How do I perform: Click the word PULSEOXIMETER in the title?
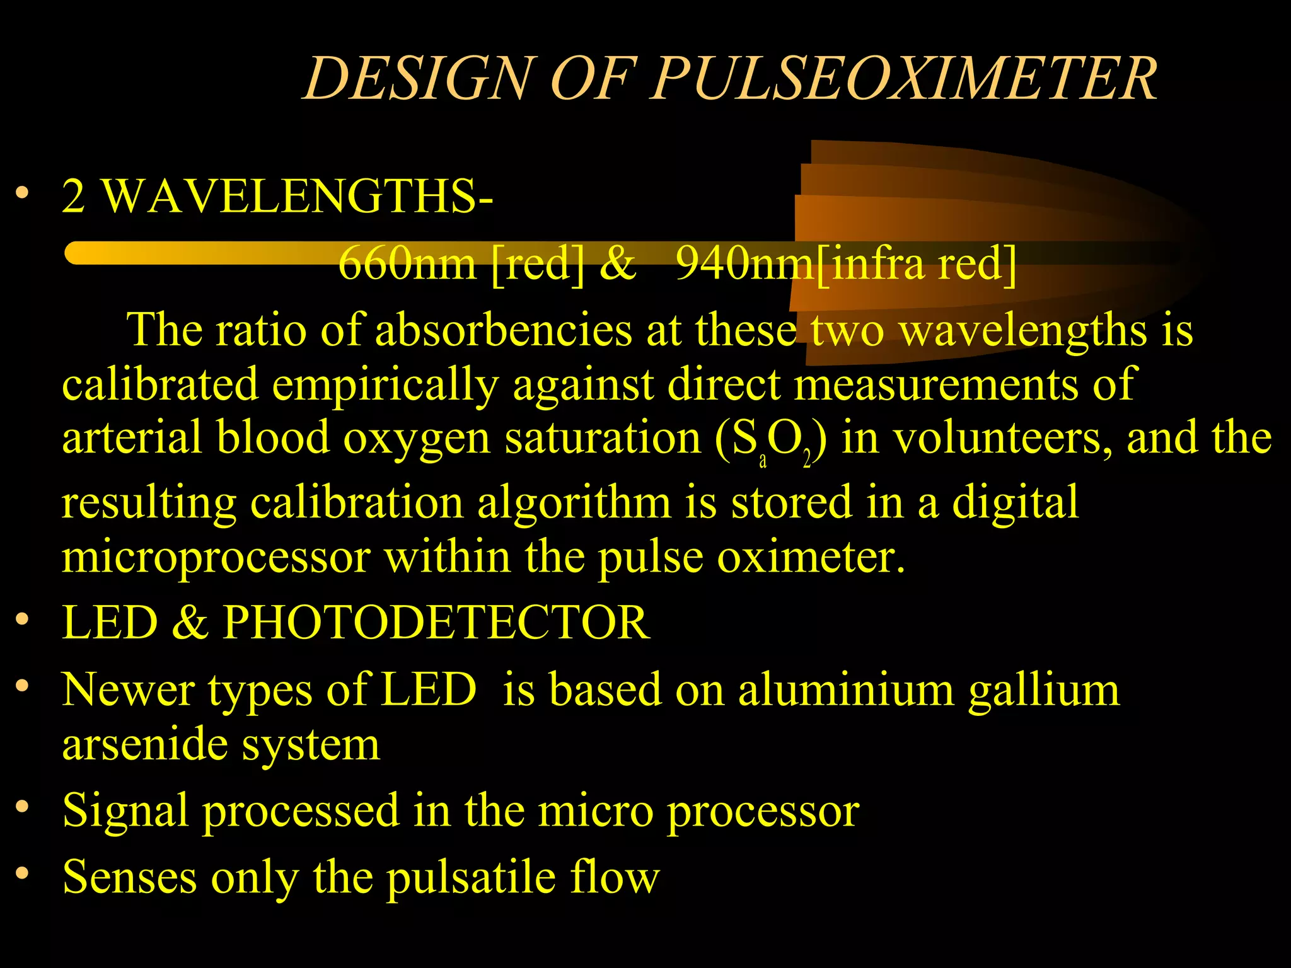click(904, 78)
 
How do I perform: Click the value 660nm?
click(407, 263)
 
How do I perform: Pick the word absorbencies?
click(503, 330)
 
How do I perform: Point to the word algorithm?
click(574, 503)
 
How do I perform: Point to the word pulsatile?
click(470, 877)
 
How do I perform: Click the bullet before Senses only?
click(23, 873)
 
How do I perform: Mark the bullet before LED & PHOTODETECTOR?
click(23, 619)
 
